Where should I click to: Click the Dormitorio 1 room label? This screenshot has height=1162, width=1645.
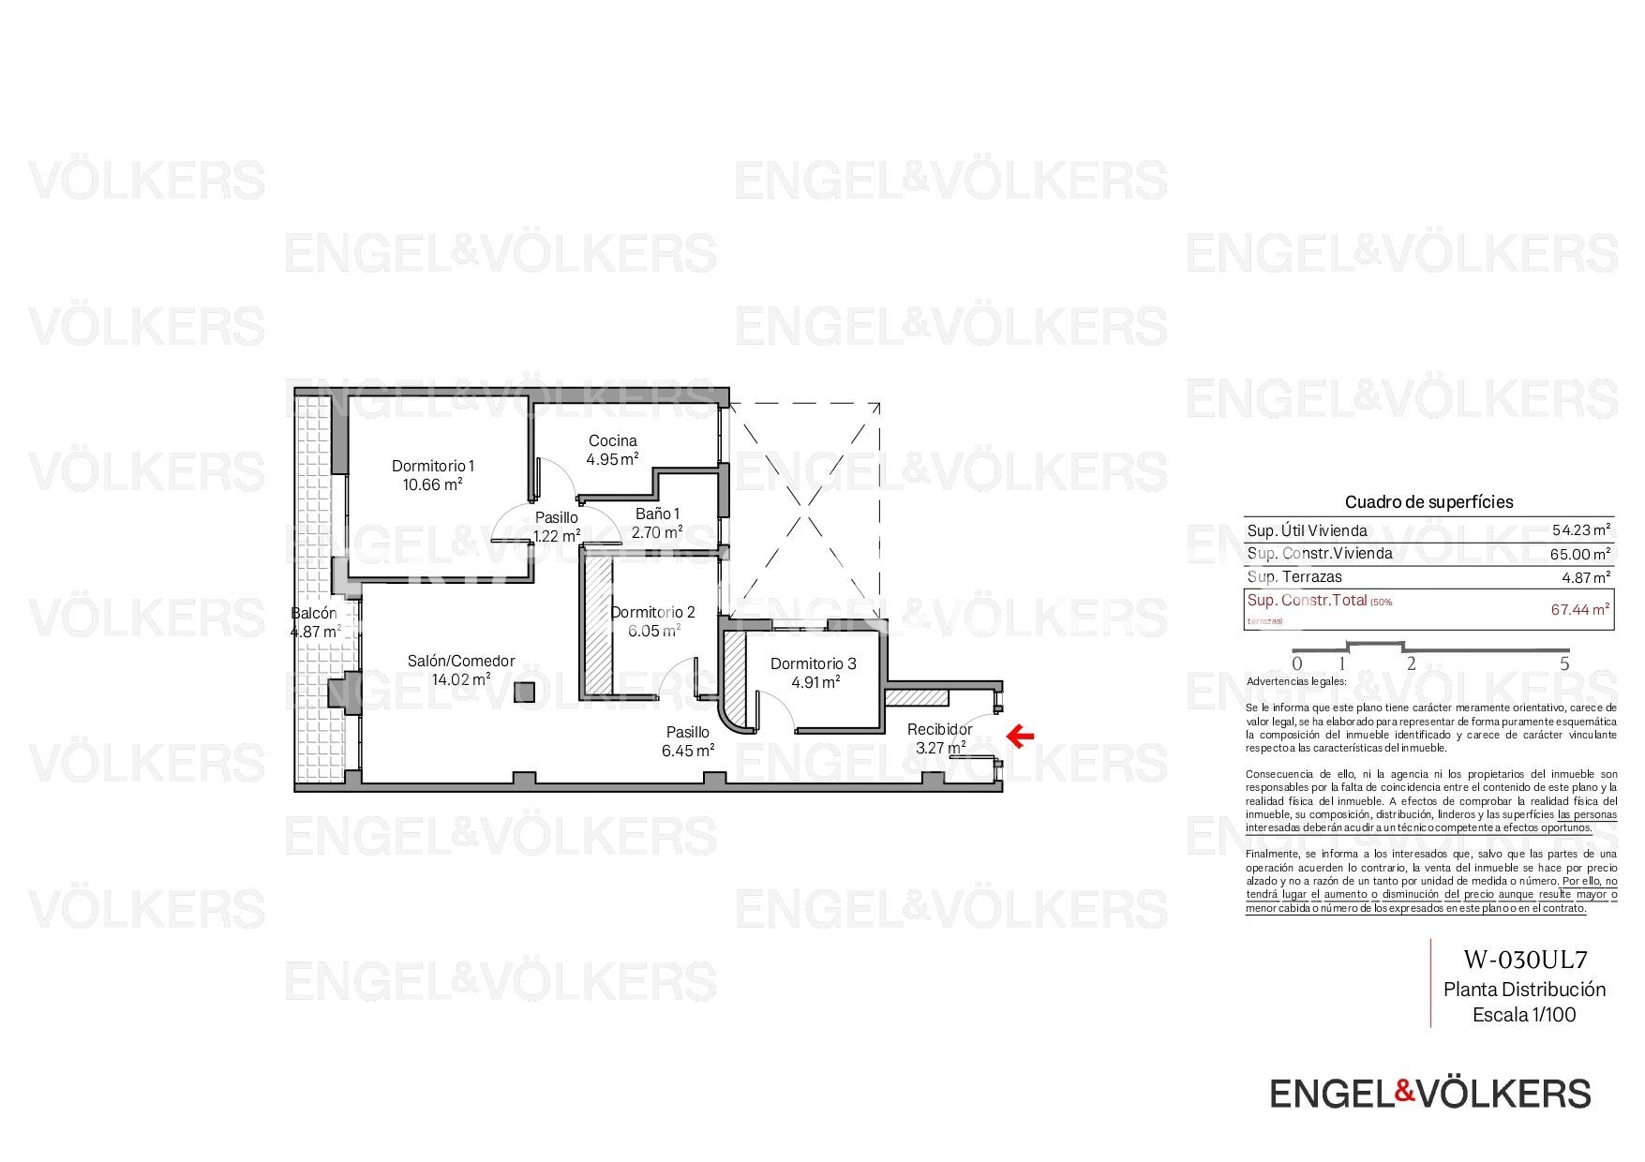point(433,466)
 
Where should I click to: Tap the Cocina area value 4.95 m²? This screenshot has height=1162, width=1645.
point(612,459)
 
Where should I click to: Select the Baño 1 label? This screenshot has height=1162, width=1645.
point(657,514)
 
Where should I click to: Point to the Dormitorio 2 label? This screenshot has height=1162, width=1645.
point(652,612)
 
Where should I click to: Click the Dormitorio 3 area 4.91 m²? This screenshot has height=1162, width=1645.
point(815,682)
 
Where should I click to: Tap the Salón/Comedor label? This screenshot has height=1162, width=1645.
point(460,661)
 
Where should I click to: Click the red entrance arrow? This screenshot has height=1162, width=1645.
point(1020,736)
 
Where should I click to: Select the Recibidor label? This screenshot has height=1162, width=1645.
point(939,729)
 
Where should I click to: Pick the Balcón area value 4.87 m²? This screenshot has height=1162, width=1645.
point(315,632)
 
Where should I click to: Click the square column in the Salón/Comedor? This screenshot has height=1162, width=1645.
point(524,693)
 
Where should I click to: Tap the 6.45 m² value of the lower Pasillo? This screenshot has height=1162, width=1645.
point(688,751)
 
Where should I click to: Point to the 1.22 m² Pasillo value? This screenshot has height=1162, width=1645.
point(556,536)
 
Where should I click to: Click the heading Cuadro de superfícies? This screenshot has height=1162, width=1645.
point(1428,501)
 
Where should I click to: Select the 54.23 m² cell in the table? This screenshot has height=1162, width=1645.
point(1580,530)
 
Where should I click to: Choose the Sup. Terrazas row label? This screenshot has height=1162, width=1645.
point(1294,576)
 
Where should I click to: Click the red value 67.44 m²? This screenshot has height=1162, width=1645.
point(1580,609)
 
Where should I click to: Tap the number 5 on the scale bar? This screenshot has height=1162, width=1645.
point(1563,664)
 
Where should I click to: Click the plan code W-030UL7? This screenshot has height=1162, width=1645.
point(1525,960)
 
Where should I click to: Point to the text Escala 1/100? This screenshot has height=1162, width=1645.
point(1524,1014)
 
